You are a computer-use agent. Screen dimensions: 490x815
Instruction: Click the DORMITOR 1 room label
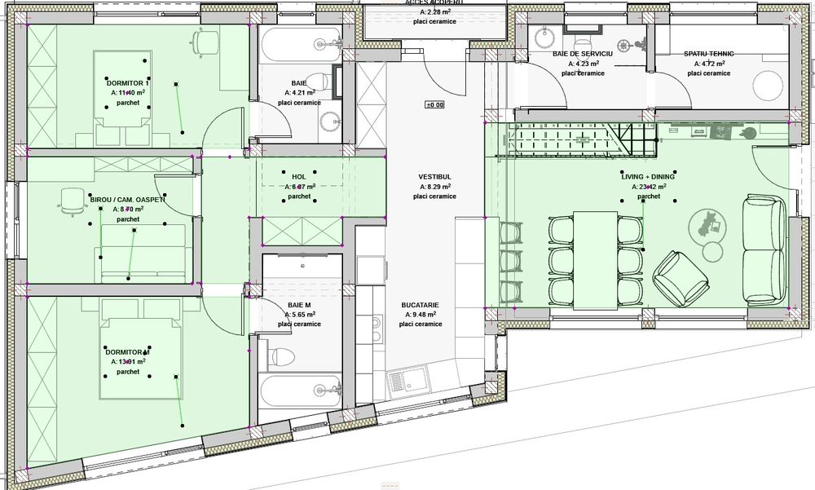[x=129, y=83]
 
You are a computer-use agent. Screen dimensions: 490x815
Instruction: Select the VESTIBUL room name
[x=434, y=176]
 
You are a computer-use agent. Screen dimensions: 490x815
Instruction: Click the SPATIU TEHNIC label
[x=708, y=54]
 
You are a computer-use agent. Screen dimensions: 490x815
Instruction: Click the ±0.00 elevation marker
[x=434, y=104]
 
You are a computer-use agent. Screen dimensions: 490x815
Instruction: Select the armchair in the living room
[x=678, y=275]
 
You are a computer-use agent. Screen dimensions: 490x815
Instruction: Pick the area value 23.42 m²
[x=650, y=187]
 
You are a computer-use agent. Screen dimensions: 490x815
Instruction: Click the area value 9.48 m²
[x=421, y=314]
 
